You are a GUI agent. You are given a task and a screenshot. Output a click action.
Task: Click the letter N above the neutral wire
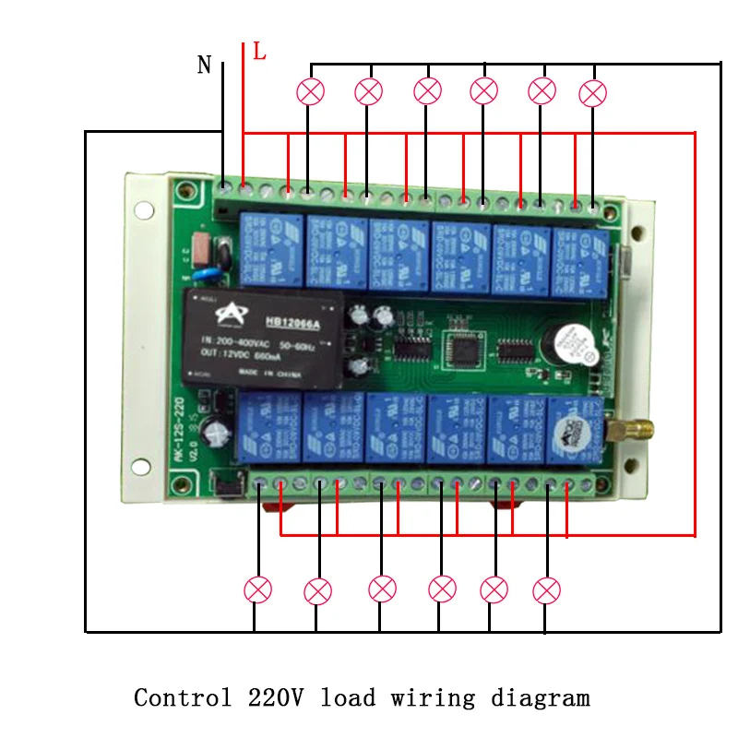point(205,65)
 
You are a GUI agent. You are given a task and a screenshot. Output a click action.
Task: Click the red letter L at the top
point(259,53)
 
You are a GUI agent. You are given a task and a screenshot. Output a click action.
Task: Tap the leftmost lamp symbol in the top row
point(311,91)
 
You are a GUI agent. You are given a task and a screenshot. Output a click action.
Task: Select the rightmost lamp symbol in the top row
point(593,92)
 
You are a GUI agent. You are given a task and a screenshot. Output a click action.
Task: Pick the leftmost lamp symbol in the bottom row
point(257,589)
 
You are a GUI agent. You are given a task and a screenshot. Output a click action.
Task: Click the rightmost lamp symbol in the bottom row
point(547,589)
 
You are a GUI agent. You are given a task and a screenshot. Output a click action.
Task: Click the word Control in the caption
point(183,697)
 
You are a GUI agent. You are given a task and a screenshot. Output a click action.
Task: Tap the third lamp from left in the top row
point(427,90)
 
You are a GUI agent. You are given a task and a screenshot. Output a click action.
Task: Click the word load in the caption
point(348,697)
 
